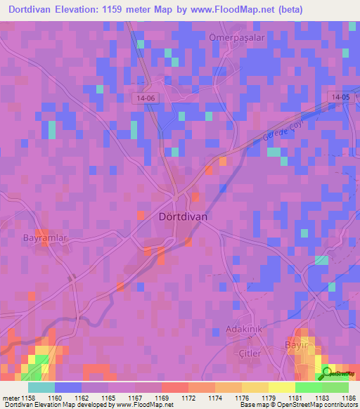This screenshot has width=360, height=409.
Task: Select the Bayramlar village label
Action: pyautogui.click(x=44, y=238)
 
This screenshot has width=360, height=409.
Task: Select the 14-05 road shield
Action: pyautogui.click(x=342, y=97)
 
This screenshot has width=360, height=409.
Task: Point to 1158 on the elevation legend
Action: pyautogui.click(x=30, y=398)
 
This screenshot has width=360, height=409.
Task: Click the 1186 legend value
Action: pyautogui.click(x=348, y=398)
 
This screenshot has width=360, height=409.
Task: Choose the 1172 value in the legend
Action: pyautogui.click(x=188, y=398)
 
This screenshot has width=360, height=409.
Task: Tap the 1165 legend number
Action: pyautogui.click(x=109, y=398)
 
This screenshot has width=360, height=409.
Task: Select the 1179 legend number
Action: pyautogui.click(x=269, y=398)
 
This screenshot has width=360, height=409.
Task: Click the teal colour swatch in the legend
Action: pyautogui.click(x=41, y=387)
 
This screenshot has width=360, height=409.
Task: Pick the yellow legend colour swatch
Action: pyautogui.click(x=281, y=387)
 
